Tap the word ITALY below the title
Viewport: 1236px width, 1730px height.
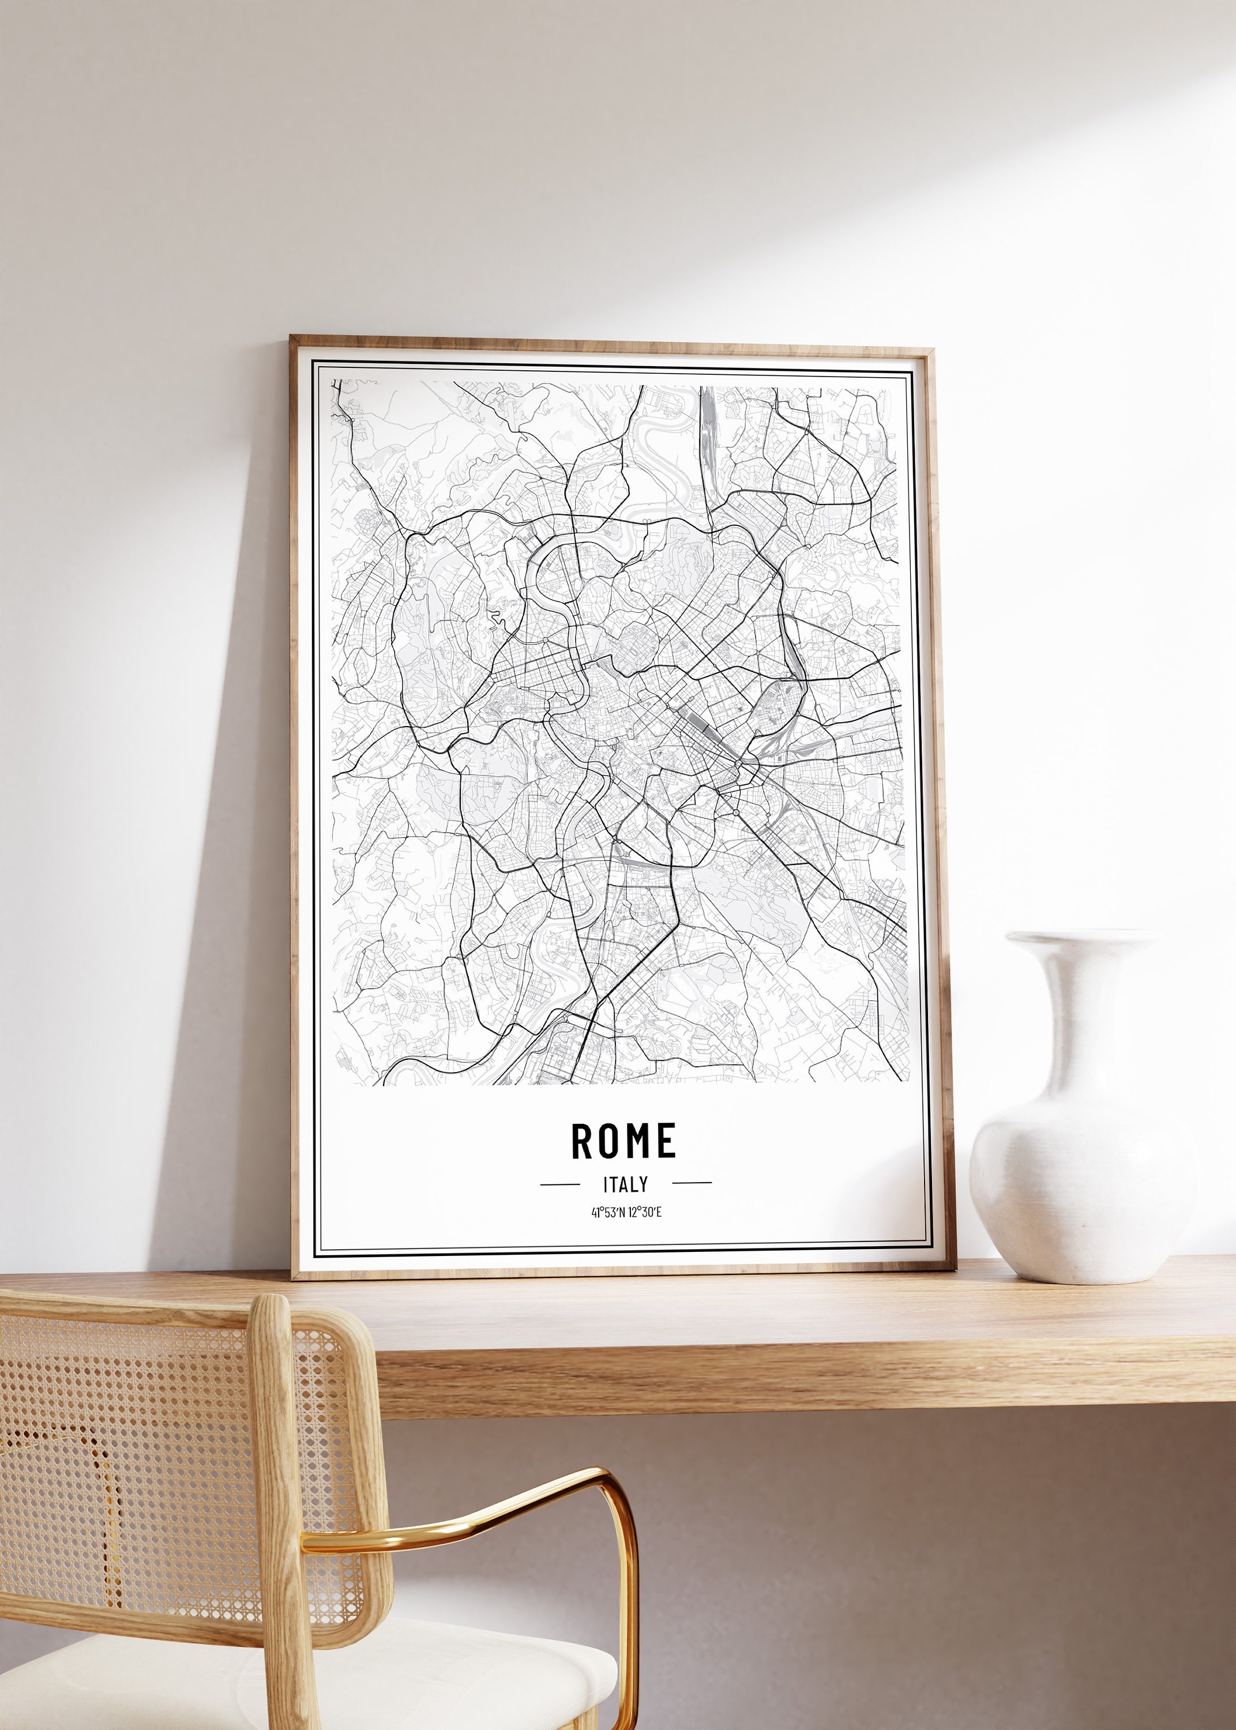[x=625, y=1184]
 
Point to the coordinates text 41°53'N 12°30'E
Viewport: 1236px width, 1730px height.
[x=626, y=1213]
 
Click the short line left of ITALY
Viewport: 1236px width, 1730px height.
[x=559, y=1184]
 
